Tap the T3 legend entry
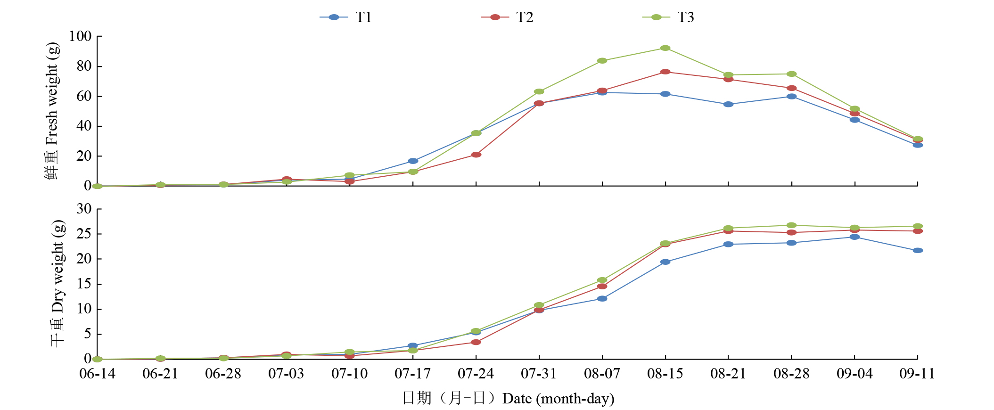click(x=669, y=17)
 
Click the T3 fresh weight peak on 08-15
click(x=665, y=48)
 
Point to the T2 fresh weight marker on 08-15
click(x=665, y=72)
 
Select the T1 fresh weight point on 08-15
click(x=665, y=94)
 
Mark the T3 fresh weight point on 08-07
click(x=602, y=61)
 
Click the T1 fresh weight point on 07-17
click(x=413, y=161)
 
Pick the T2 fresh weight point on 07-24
click(x=476, y=155)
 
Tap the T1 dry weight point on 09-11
click(x=918, y=251)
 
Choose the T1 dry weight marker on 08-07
click(x=602, y=299)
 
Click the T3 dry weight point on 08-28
click(x=791, y=225)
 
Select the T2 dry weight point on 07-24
click(x=476, y=342)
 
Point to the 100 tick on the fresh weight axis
click(x=80, y=36)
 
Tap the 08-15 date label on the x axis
click(x=665, y=374)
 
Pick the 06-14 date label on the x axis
click(x=97, y=374)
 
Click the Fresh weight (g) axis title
click(x=52, y=111)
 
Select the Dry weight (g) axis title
click(x=58, y=283)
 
